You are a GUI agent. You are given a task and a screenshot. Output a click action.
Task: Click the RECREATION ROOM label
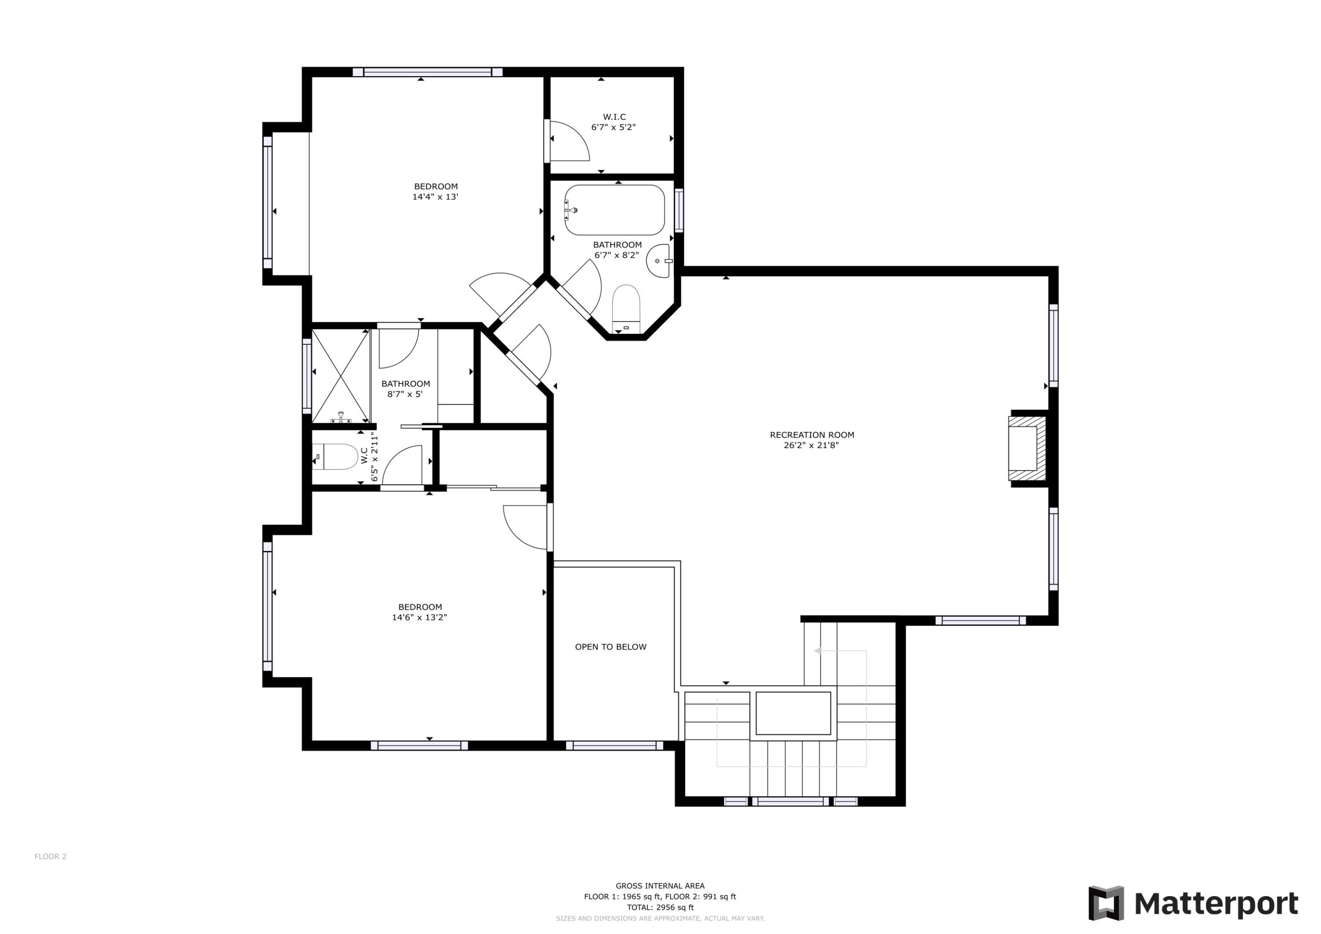point(812,435)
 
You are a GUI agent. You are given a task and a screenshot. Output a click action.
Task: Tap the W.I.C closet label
point(614,117)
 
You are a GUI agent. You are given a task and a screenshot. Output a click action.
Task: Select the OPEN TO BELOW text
point(610,647)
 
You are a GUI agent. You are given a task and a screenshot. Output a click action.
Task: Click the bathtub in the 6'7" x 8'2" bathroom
point(614,210)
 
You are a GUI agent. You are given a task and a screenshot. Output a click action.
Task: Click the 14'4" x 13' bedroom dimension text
point(435,197)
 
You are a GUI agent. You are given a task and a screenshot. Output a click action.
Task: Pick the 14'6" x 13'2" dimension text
point(420,617)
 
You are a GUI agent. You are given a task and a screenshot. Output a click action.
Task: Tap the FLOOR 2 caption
point(51,856)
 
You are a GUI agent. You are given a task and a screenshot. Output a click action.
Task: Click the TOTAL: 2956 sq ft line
point(660,908)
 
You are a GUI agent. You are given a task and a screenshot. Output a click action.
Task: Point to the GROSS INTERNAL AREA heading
point(660,886)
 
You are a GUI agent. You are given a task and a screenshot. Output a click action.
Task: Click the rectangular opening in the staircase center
point(793,713)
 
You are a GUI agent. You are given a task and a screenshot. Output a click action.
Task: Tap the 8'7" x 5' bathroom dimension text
point(405,394)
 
